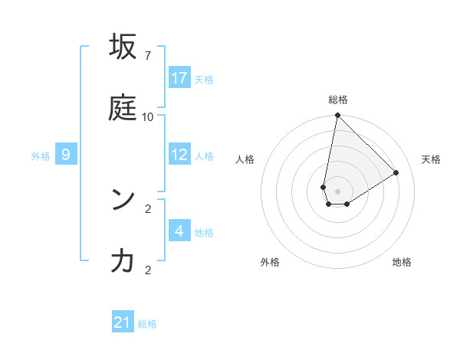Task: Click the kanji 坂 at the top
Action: click(123, 47)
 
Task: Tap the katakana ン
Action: click(123, 200)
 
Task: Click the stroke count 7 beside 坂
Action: click(147, 56)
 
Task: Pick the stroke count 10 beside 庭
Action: click(147, 116)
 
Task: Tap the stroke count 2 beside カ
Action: click(147, 270)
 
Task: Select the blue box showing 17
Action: click(179, 78)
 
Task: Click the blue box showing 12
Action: click(179, 155)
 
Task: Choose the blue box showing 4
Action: click(179, 231)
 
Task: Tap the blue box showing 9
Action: click(66, 155)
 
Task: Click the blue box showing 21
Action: click(123, 322)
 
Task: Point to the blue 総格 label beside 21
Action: click(147, 324)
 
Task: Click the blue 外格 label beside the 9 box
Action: click(41, 156)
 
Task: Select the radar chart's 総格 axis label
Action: click(338, 100)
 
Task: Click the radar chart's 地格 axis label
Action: click(402, 262)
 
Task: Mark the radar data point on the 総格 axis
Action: click(337, 116)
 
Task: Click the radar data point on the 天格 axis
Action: click(396, 173)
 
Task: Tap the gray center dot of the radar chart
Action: click(338, 191)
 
